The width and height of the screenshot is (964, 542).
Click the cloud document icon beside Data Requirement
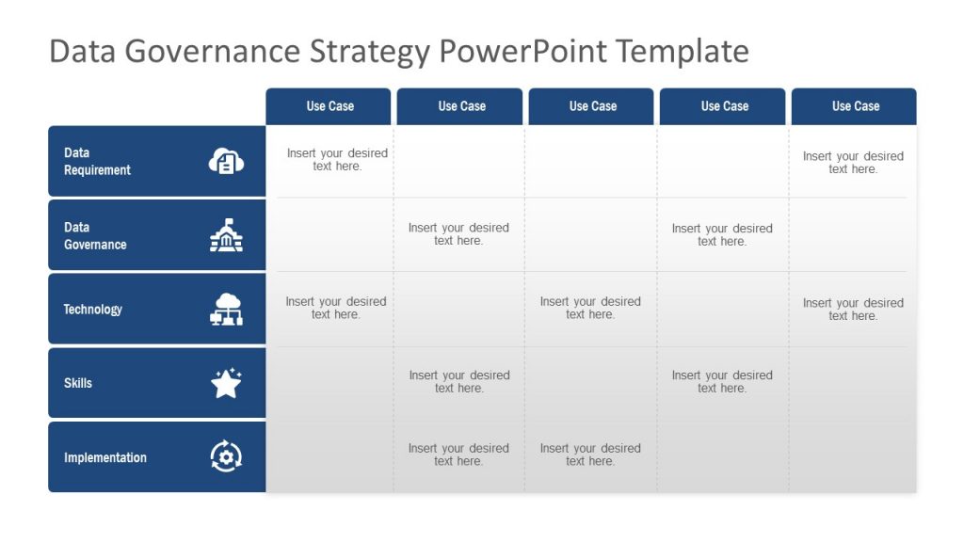pos(226,161)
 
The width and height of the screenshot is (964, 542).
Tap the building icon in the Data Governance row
pos(226,235)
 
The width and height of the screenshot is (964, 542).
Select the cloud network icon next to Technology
pos(226,310)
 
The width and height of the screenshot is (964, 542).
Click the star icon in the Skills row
pos(226,383)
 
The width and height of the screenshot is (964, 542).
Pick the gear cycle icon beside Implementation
pos(226,457)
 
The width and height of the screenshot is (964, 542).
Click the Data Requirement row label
pos(97,161)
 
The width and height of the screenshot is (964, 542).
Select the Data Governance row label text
pos(95,235)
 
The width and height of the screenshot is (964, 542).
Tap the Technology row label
pos(92,310)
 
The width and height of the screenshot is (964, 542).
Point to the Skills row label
pos(78,383)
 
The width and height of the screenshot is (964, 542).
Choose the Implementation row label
pos(105,458)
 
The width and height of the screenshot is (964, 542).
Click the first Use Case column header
pos(329,106)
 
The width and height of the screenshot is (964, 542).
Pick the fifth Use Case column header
pos(856,106)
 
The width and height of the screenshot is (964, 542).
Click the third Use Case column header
pos(592,106)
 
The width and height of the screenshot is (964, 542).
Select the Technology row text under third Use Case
pos(590,308)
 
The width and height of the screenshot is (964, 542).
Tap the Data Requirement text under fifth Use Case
pos(853,163)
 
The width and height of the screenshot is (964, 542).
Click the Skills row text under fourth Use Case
pos(722,381)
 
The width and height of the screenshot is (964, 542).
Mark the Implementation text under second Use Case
pos(458,454)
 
